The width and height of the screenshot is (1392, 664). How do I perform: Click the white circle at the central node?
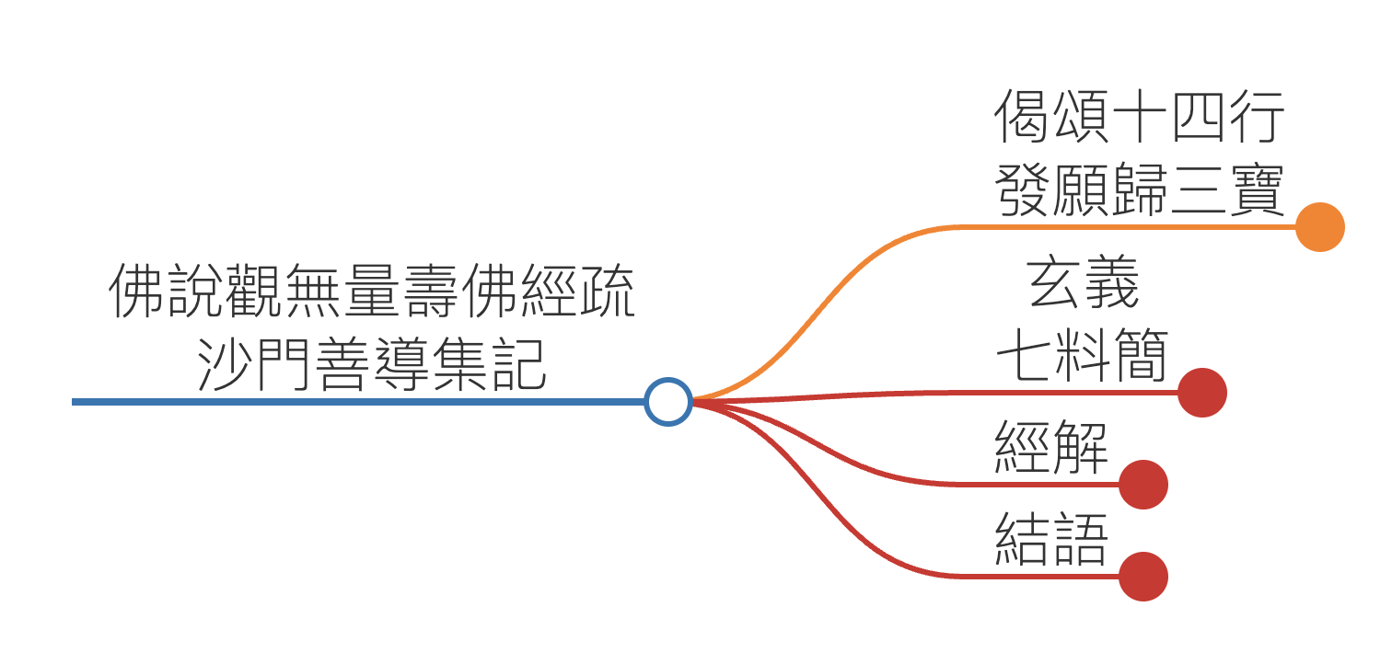click(667, 402)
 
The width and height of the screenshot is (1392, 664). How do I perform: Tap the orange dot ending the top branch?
click(1319, 226)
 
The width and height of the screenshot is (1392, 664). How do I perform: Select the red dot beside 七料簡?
click(1201, 393)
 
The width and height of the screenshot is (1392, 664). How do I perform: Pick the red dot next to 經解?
click(1143, 485)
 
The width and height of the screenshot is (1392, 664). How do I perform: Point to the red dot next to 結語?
click(1143, 577)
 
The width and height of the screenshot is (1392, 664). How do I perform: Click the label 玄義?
click(1083, 284)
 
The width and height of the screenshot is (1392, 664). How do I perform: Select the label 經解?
click(1051, 448)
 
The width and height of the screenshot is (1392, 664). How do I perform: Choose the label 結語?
click(1051, 540)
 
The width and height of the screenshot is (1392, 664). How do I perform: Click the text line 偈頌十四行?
click(1140, 118)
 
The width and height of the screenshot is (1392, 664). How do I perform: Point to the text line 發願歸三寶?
click(1140, 189)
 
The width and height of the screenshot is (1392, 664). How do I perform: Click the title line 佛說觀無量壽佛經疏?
click(371, 292)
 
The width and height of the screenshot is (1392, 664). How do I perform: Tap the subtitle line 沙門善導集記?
click(371, 363)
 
